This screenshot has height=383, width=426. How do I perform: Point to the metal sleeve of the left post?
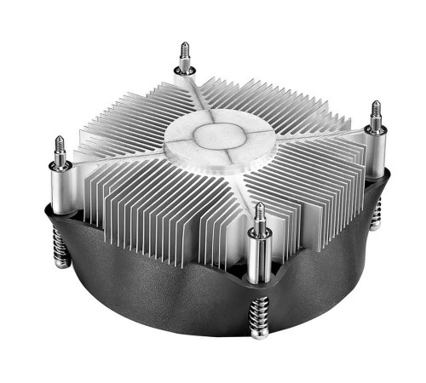[x=60, y=191]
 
